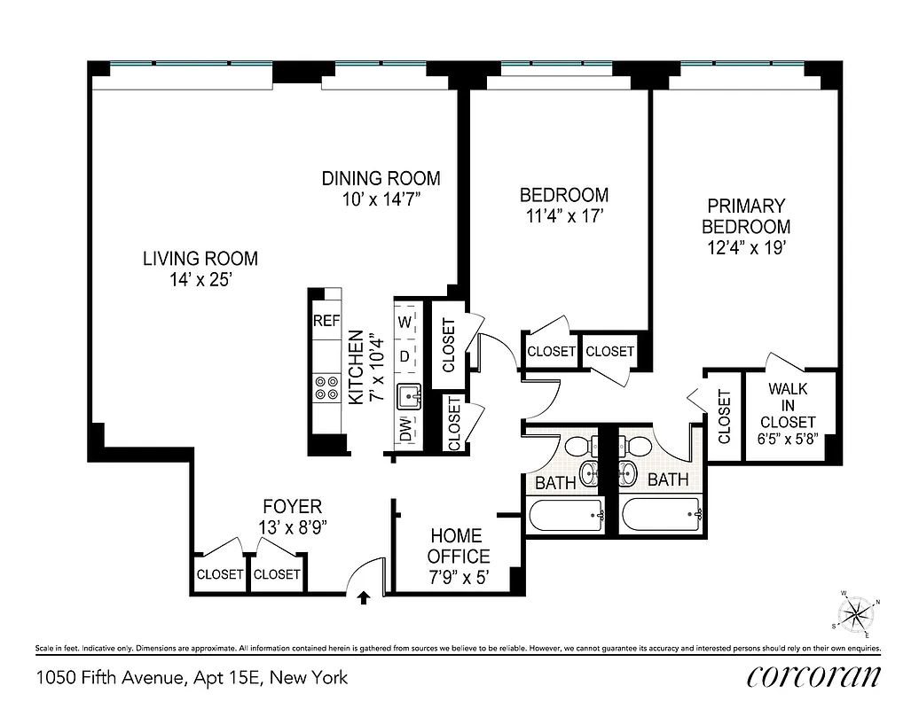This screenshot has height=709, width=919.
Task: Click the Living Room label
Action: coord(200,259)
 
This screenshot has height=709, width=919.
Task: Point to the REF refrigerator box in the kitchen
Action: coord(326,321)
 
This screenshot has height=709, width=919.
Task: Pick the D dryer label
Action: coord(405,356)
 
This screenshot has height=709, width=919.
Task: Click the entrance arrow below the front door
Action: coord(363,599)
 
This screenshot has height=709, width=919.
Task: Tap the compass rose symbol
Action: coord(857,613)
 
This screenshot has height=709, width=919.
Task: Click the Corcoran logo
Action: coord(813,677)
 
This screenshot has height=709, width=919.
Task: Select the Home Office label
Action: coord(458,546)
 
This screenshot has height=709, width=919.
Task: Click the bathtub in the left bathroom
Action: coord(565,513)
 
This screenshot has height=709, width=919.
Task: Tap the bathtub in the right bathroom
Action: coord(662,513)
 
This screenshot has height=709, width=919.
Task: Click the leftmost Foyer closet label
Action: coord(220,574)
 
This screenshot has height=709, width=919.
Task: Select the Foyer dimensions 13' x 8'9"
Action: coord(292,526)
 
